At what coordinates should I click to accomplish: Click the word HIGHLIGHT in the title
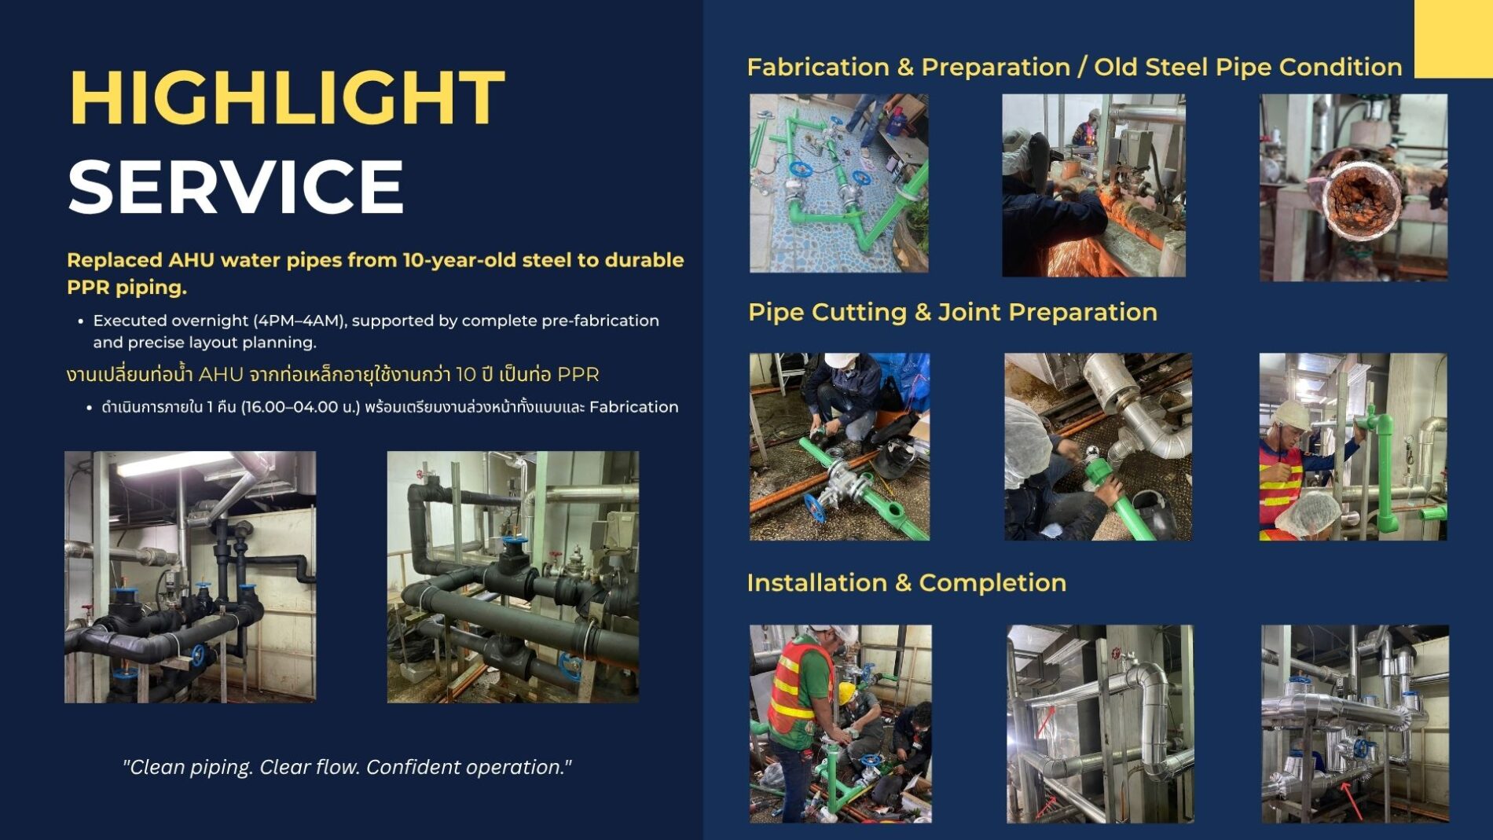coord(287,97)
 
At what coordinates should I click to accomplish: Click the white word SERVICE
coord(236,186)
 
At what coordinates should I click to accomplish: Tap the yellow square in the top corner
coord(1454,39)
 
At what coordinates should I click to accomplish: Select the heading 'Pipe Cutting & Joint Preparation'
coord(952,312)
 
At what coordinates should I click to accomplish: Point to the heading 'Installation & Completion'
coord(907,582)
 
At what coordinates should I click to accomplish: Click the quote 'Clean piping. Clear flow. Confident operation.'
coord(347,767)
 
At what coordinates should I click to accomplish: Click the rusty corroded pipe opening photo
coord(1353,187)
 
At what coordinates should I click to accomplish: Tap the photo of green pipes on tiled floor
coord(838,183)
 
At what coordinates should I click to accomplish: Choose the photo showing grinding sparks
coord(1094,185)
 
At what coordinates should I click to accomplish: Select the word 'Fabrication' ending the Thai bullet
coord(633,407)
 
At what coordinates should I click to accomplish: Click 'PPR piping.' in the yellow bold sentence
coord(127,288)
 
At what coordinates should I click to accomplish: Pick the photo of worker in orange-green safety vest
coord(840,724)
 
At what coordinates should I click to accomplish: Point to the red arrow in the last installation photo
coord(1351,799)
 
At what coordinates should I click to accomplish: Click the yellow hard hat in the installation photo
coord(846,692)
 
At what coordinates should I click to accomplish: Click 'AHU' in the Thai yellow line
coord(220,375)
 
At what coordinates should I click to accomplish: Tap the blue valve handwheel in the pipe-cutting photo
coord(817,508)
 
